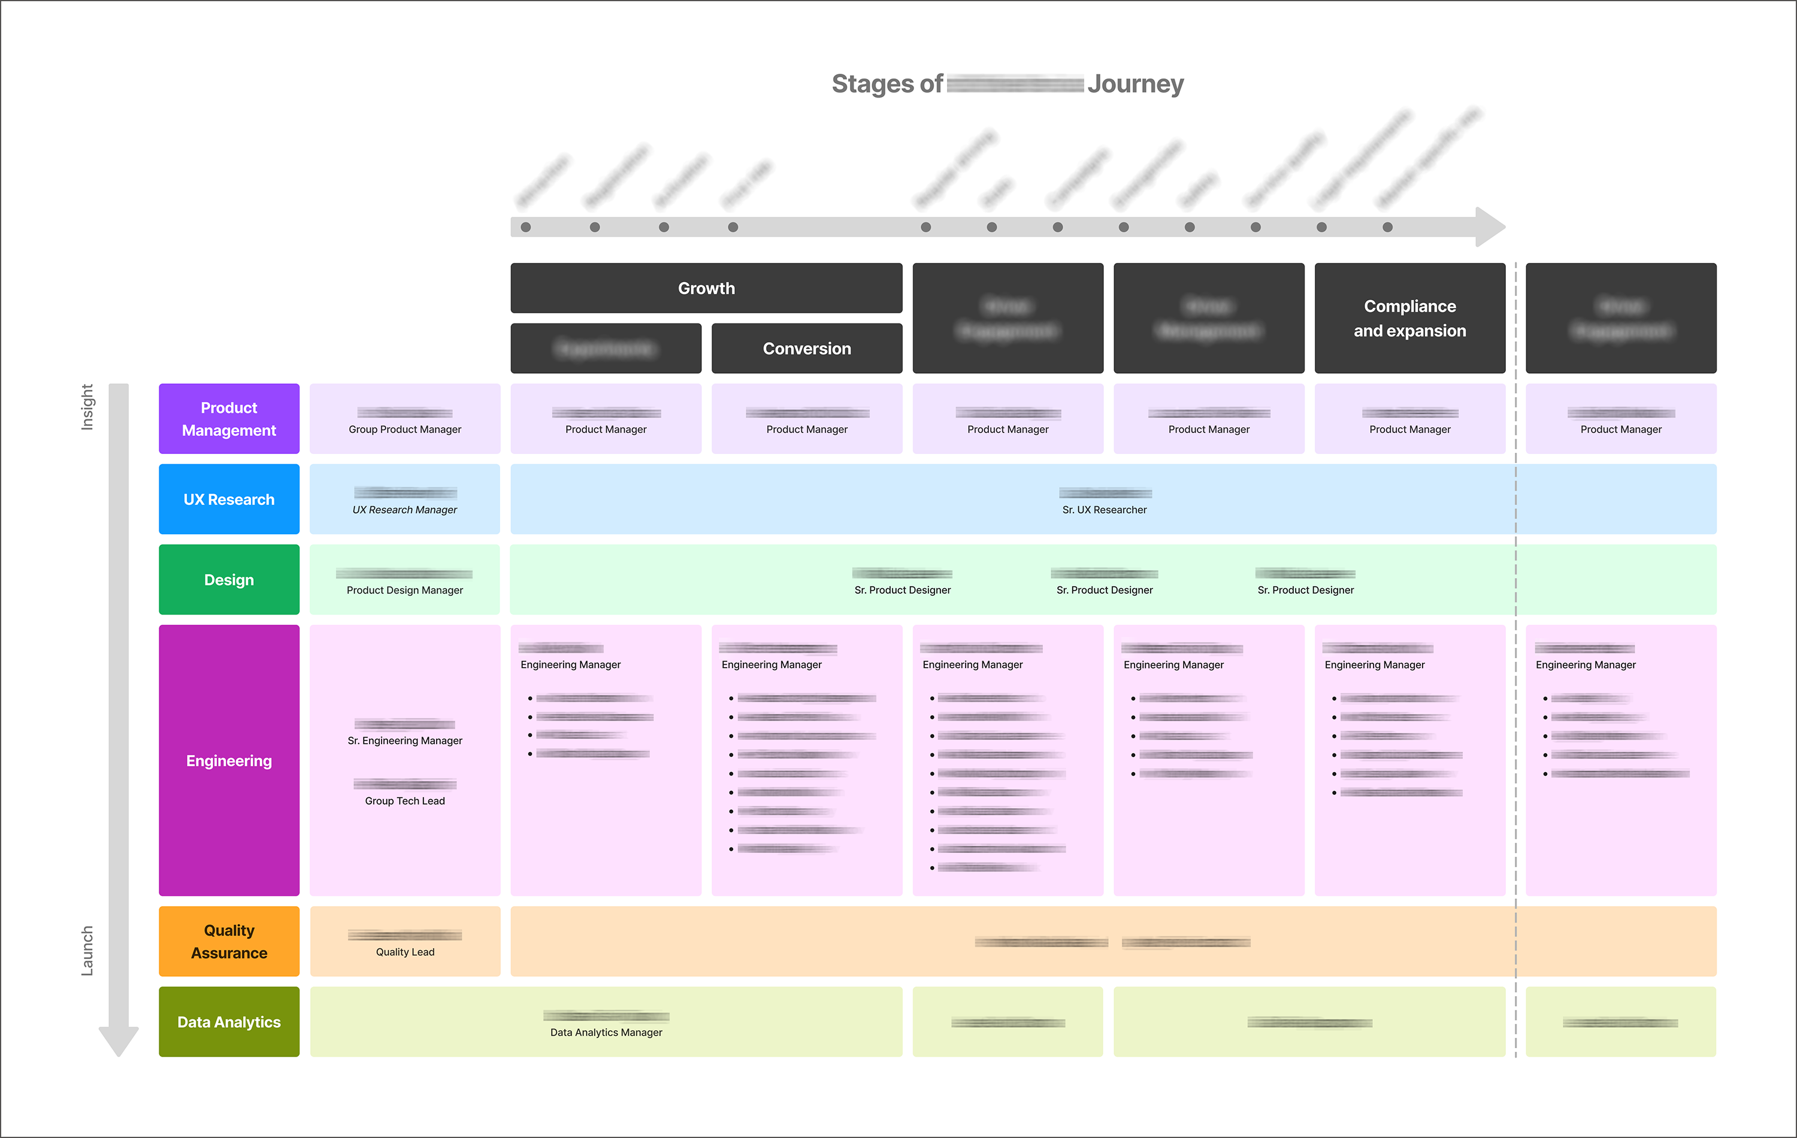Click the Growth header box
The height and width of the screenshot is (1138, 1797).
tap(706, 288)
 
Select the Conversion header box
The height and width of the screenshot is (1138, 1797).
tap(807, 349)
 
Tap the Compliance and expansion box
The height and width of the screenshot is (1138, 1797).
tap(1409, 319)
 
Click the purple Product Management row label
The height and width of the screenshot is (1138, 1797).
tap(229, 419)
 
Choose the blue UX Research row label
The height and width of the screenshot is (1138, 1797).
tap(229, 500)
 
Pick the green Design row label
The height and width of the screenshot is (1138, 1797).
tap(229, 580)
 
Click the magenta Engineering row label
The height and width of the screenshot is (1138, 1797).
tap(229, 761)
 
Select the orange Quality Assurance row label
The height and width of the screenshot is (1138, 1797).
tap(229, 941)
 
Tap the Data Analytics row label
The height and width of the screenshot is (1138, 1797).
tap(229, 1022)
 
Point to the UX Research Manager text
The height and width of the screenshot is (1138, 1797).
tap(404, 510)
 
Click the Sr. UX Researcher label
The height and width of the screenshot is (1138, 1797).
tap(1104, 510)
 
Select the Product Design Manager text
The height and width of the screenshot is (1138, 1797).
tap(404, 591)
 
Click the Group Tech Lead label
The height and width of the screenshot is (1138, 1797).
tap(404, 801)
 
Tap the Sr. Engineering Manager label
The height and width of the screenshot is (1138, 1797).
tap(404, 740)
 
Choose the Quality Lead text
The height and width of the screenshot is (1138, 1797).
tap(404, 952)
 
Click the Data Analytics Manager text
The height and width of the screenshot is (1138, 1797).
tap(606, 1032)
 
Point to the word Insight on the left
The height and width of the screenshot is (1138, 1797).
tap(87, 407)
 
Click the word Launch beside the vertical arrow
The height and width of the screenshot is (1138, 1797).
tap(87, 950)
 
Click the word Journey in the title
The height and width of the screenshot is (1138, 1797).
tap(1135, 84)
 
